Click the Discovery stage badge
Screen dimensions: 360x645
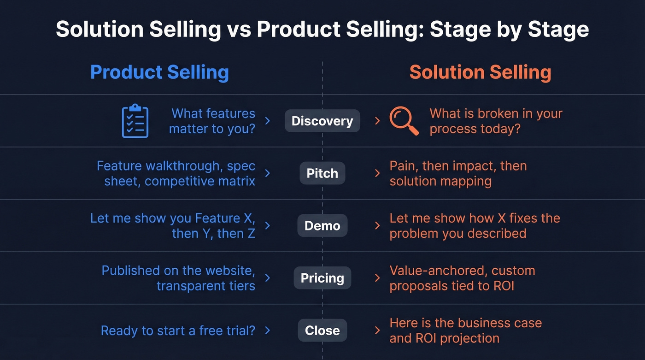322,121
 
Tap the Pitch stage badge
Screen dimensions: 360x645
322,173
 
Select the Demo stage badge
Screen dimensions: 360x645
322,226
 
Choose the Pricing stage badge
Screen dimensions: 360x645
322,278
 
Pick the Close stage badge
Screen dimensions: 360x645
322,330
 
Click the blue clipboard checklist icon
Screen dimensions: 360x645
135,121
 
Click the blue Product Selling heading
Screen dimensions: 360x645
159,72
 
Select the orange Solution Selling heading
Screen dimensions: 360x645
480,72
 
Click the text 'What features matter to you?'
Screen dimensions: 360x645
212,121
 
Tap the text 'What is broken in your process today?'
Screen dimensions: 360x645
496,121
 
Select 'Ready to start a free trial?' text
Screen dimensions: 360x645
178,330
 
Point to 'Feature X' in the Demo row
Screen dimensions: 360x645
224,218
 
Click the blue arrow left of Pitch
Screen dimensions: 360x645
268,173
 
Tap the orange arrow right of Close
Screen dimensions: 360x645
377,330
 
